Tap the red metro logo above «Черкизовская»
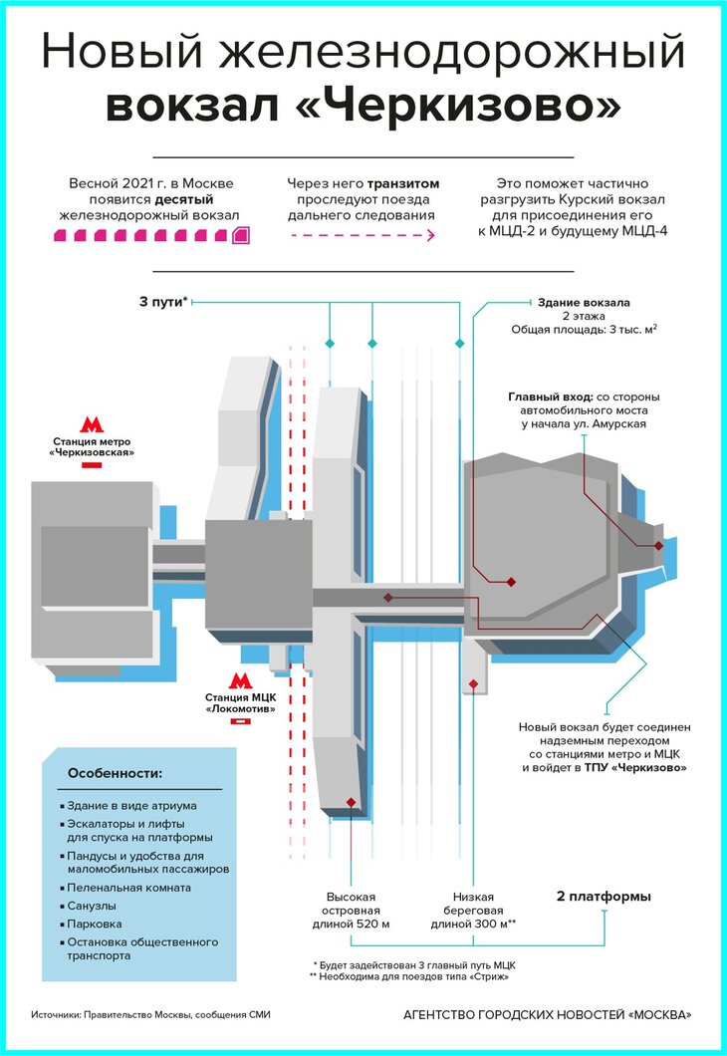(x=92, y=424)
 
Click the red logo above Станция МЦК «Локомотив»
(x=239, y=680)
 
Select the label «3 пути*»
(x=163, y=301)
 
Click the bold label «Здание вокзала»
(x=584, y=301)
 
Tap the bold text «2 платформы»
(x=604, y=897)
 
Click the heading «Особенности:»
(x=114, y=774)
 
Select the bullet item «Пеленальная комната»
(x=128, y=887)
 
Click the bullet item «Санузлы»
(x=93, y=906)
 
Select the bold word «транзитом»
(x=403, y=184)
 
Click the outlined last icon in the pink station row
(x=240, y=235)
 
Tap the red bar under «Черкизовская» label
(x=92, y=465)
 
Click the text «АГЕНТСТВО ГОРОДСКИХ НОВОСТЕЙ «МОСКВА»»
(x=546, y=1015)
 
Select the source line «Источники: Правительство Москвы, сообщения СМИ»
(x=150, y=1015)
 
